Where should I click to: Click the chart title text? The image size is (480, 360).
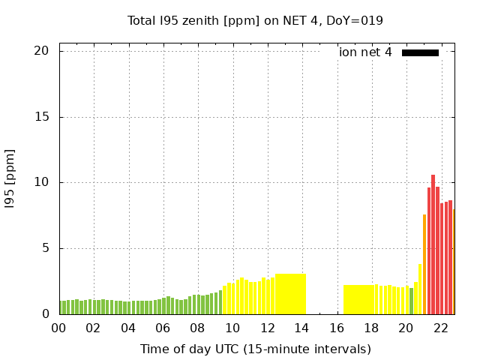point(255,20)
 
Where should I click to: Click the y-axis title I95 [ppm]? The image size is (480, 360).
point(10,178)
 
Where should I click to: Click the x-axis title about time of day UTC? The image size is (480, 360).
point(255,349)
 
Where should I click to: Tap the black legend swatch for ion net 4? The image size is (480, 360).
point(420,52)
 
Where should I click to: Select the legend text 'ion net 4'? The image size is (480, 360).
point(365,52)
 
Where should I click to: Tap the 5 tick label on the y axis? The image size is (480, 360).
point(44,248)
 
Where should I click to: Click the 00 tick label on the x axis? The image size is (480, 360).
point(58,328)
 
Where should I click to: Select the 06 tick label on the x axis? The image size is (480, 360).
point(163,328)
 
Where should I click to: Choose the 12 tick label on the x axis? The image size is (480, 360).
point(267,328)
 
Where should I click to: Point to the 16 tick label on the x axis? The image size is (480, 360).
point(337,328)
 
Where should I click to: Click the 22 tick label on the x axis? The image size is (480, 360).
point(441,328)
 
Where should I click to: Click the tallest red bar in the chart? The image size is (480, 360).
point(433,244)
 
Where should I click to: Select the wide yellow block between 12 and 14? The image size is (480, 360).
point(290,294)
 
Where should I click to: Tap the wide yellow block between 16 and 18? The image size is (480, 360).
point(360,299)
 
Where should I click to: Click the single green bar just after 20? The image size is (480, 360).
point(411,301)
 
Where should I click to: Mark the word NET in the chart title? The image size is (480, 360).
point(286,20)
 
